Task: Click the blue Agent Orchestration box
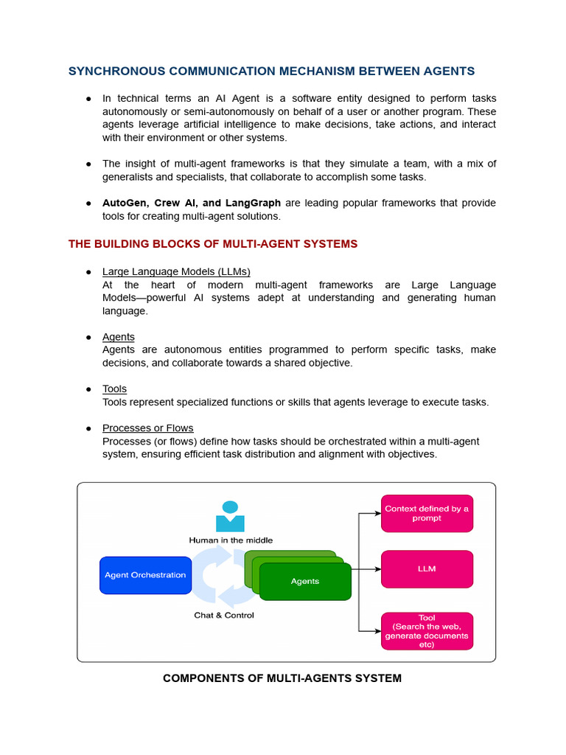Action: pyautogui.click(x=145, y=575)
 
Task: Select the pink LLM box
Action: pyautogui.click(x=427, y=569)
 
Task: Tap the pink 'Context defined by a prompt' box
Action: pyautogui.click(x=427, y=513)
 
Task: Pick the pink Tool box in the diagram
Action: pyautogui.click(x=427, y=631)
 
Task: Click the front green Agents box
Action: pyautogui.click(x=305, y=581)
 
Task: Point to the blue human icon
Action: pyautogui.click(x=230, y=517)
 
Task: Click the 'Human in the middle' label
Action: pyautogui.click(x=231, y=540)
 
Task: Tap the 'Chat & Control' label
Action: pyautogui.click(x=224, y=615)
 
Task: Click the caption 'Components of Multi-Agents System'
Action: pyautogui.click(x=282, y=678)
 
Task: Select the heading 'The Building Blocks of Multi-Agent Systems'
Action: pyautogui.click(x=213, y=244)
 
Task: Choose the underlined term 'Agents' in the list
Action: pyautogui.click(x=118, y=337)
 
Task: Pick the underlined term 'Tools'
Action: pyautogui.click(x=114, y=389)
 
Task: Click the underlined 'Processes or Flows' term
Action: pyautogui.click(x=147, y=428)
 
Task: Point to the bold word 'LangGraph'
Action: pyautogui.click(x=256, y=203)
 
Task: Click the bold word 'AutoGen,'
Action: pyautogui.click(x=125, y=203)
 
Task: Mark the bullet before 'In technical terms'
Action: pyautogui.click(x=88, y=99)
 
